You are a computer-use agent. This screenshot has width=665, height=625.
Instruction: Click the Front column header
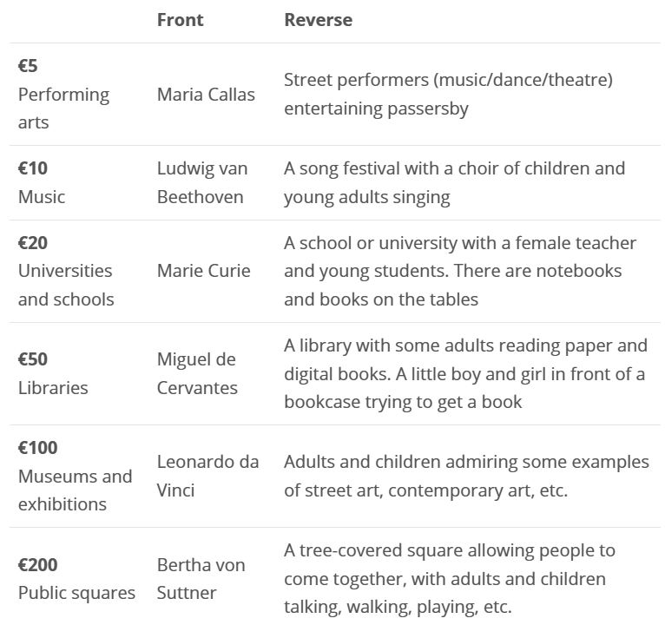[180, 20]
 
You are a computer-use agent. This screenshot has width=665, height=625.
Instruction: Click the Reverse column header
[318, 20]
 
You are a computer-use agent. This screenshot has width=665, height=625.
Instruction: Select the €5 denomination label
[28, 66]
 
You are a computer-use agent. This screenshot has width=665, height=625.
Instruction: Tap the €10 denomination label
[33, 168]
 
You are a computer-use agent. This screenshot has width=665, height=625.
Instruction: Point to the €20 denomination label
[33, 242]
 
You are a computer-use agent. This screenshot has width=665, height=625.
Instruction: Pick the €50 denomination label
[33, 359]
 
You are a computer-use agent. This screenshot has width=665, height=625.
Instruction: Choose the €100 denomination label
[38, 448]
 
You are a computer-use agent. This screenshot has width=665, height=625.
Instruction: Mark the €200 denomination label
[38, 565]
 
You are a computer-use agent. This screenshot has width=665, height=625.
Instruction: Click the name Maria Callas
[206, 94]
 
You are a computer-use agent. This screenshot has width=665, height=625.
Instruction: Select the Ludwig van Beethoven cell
[201, 182]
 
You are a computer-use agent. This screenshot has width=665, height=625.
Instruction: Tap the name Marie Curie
[203, 271]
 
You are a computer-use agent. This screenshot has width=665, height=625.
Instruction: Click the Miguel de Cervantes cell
[196, 373]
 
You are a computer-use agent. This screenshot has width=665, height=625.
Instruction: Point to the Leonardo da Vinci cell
[207, 476]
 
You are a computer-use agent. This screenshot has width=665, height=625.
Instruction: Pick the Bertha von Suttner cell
[201, 579]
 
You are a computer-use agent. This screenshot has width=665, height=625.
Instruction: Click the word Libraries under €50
[53, 388]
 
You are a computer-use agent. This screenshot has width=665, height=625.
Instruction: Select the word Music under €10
[42, 197]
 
